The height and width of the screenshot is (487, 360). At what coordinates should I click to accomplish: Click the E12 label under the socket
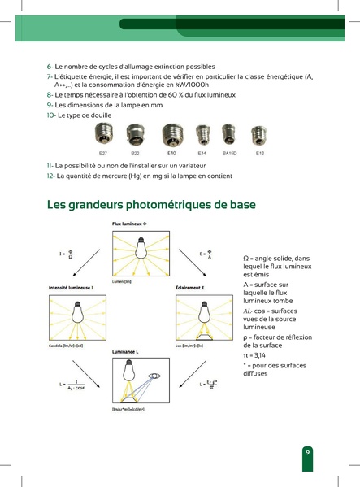pyautogui.click(x=260, y=152)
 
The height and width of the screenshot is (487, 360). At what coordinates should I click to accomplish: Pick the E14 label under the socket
pyautogui.click(x=202, y=152)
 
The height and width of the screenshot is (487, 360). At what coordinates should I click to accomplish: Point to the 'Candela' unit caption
pyautogui.click(x=59, y=345)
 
